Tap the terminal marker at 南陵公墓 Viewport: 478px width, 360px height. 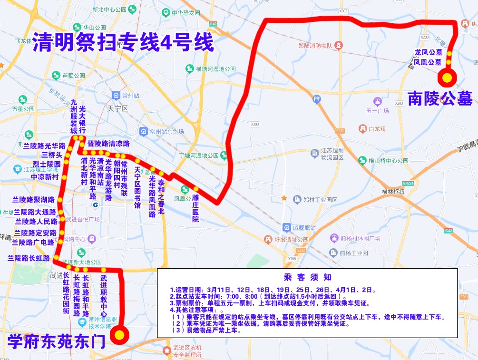click(x=447, y=77)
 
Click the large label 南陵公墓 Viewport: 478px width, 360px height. click(x=440, y=98)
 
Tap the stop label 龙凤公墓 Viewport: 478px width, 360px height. click(x=428, y=52)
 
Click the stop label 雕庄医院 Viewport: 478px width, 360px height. click(x=195, y=208)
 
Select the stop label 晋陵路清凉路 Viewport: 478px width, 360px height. click(x=108, y=143)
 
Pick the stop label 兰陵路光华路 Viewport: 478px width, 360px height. click(x=44, y=146)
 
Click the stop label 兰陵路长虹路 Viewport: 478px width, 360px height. click(x=29, y=258)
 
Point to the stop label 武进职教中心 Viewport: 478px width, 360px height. click(x=104, y=295)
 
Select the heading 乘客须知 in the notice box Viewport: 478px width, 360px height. click(x=307, y=277)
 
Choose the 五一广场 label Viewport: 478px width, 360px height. click(x=378, y=111)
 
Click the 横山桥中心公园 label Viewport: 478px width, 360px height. click(x=385, y=160)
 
